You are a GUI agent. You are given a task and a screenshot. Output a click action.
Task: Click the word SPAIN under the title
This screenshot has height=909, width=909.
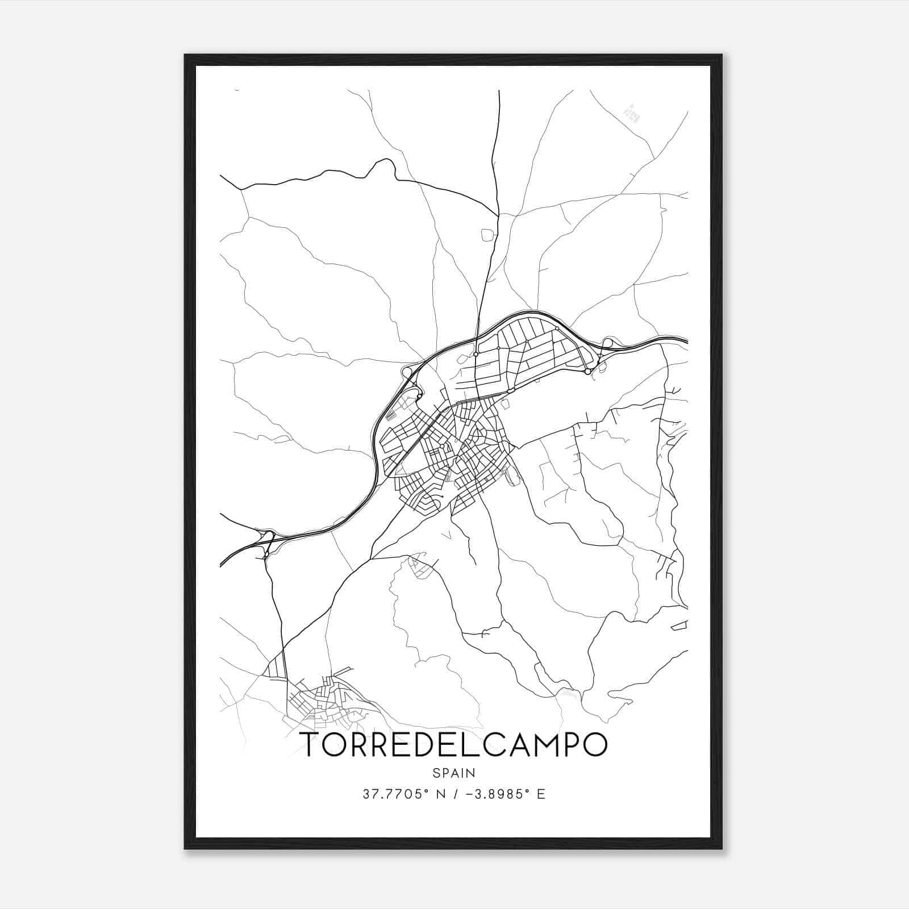[x=454, y=773]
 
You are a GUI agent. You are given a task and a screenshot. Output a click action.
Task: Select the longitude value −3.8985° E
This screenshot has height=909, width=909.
[x=504, y=794]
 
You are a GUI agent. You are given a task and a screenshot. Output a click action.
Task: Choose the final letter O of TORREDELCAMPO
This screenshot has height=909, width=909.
[x=593, y=745]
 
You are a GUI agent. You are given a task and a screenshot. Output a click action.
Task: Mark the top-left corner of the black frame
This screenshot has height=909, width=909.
[x=185, y=55]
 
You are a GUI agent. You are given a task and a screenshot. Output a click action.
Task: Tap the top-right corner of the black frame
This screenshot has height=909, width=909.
[x=722, y=55]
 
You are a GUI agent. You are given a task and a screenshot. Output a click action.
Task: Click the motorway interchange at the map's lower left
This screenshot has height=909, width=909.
[x=266, y=537]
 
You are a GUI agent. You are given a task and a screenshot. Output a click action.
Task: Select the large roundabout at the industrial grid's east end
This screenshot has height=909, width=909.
[x=587, y=372]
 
